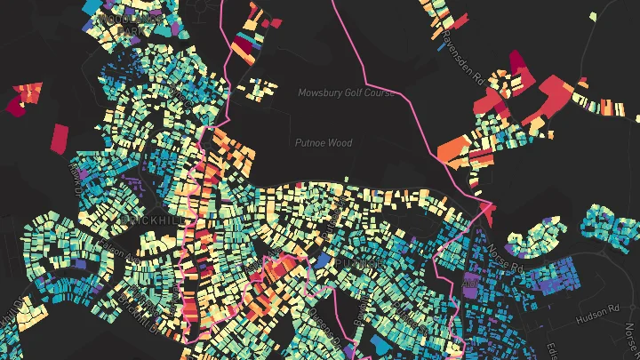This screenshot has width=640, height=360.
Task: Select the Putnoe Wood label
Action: (x=324, y=142)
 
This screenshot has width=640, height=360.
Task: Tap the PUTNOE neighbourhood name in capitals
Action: (x=359, y=264)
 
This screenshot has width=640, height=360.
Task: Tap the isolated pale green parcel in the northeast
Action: (x=593, y=16)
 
